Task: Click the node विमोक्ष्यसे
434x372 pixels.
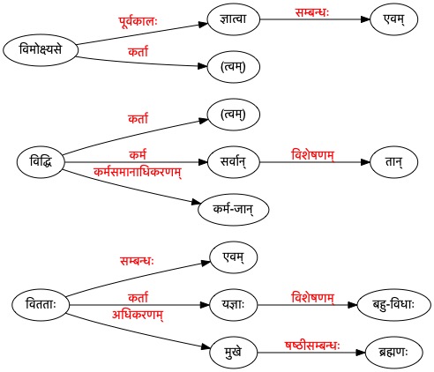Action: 41,49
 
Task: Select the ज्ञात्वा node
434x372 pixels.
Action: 234,19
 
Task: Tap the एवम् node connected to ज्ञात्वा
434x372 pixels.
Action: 393,19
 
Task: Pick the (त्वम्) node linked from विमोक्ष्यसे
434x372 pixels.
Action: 234,67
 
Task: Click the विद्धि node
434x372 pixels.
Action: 41,162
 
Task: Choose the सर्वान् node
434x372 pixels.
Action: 234,162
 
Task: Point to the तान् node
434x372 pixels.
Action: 393,162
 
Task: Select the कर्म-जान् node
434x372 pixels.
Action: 234,210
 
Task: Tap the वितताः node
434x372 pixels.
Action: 41,305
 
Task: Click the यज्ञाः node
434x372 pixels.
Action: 234,305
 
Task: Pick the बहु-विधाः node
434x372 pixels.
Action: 393,305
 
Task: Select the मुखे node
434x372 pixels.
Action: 234,353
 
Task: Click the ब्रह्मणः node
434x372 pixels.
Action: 393,353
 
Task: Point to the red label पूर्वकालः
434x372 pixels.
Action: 138,22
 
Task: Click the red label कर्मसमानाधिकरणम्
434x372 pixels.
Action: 138,172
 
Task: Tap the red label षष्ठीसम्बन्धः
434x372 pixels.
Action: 312,346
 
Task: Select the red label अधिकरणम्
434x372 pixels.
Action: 138,315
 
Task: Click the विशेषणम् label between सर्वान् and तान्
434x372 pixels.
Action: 312,155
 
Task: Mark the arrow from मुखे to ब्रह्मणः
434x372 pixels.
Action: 311,353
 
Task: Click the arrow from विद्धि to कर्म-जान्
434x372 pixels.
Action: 131,186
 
